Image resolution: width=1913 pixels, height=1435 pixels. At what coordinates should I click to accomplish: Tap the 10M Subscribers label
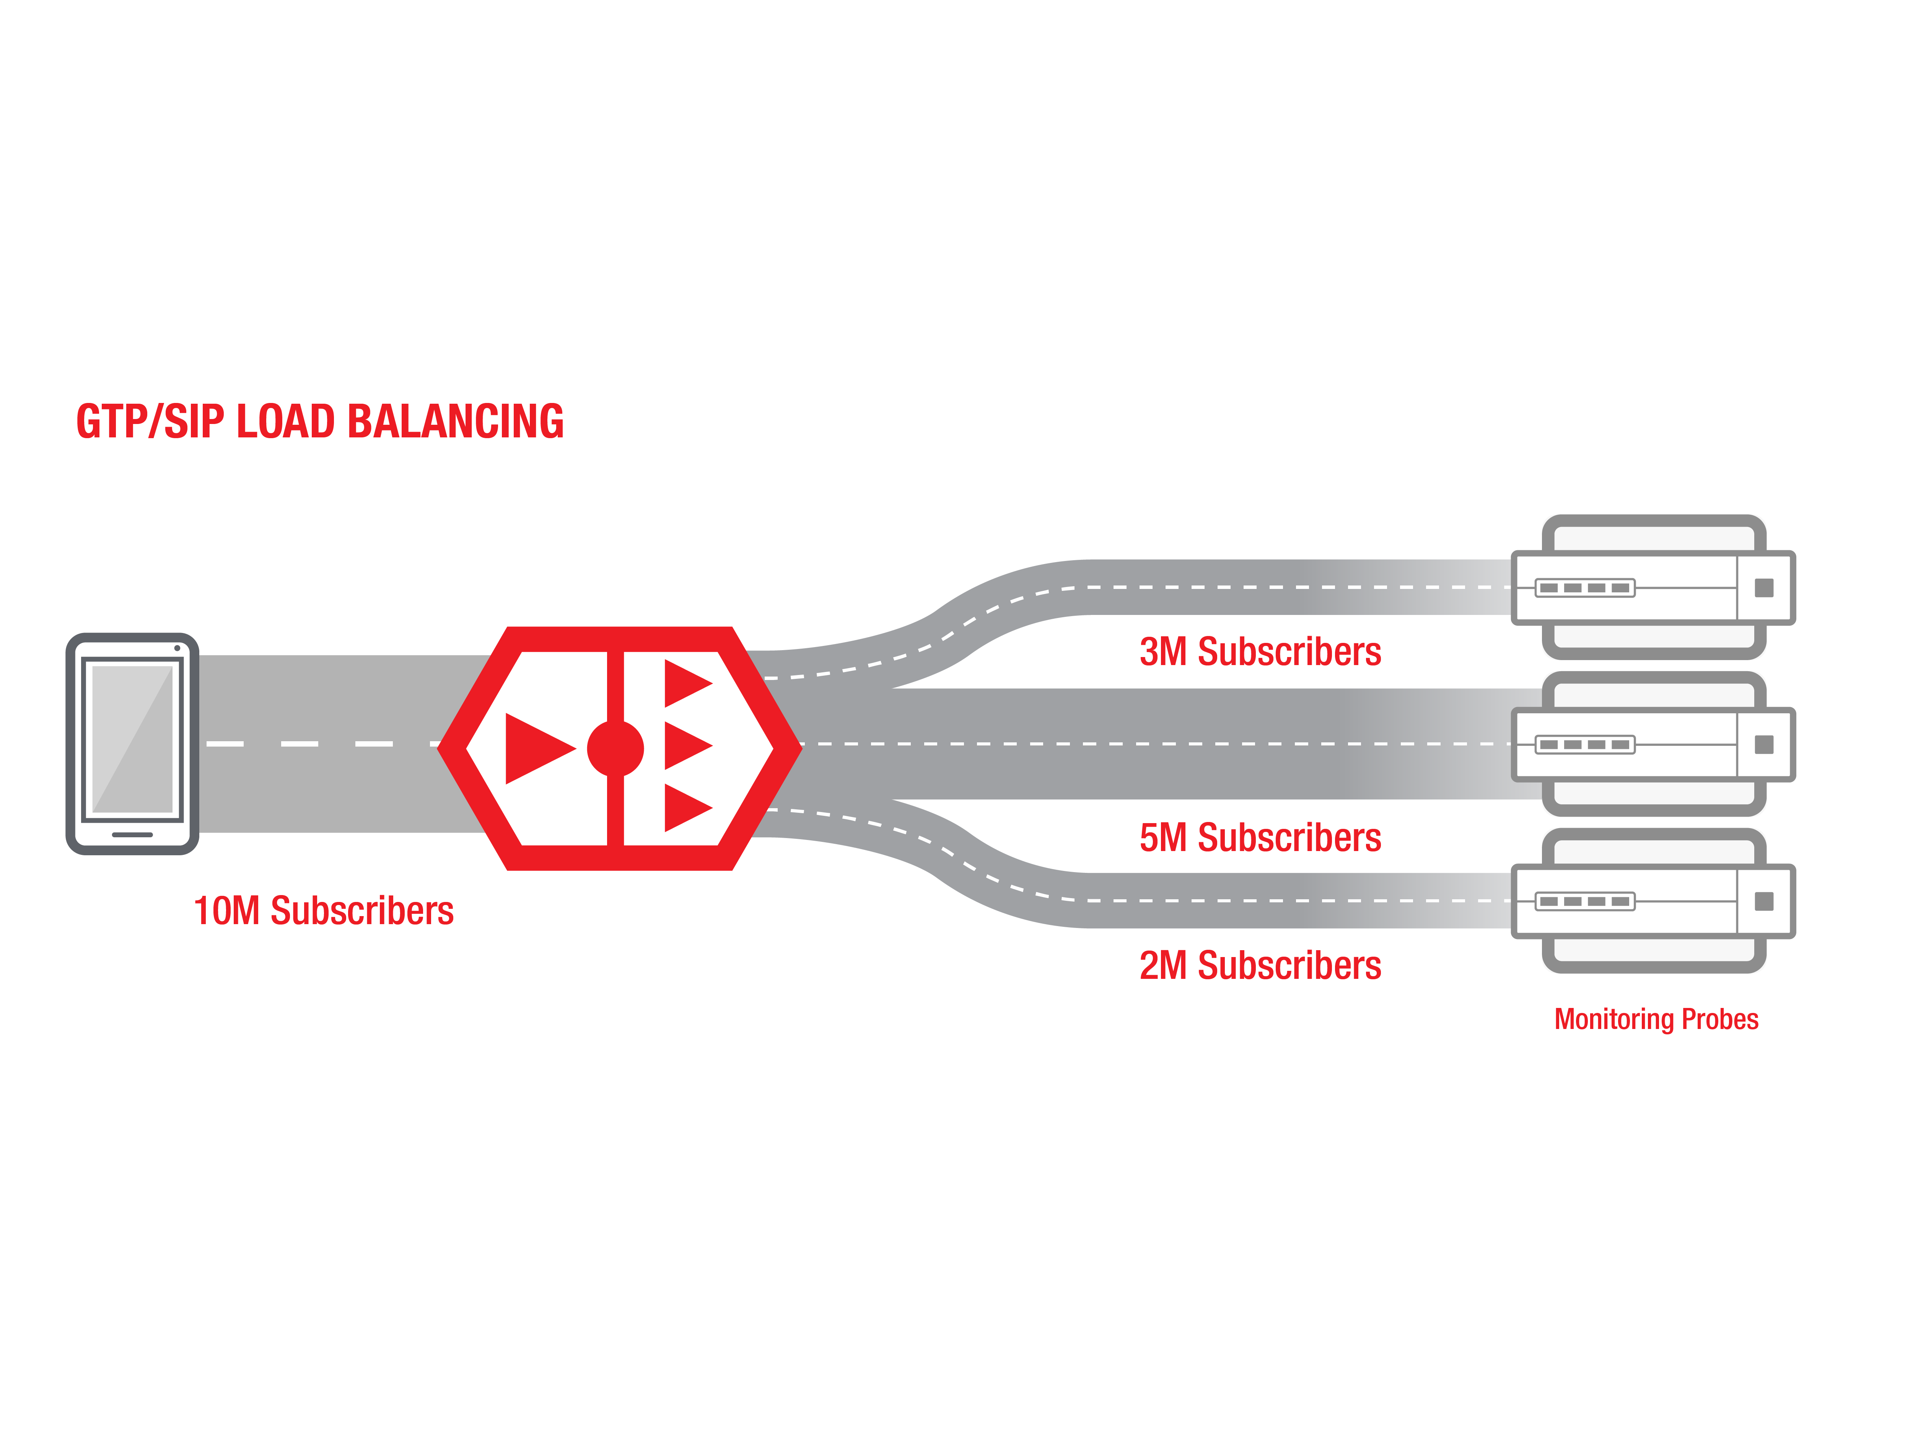(324, 911)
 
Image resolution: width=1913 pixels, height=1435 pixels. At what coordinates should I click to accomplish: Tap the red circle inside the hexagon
(615, 748)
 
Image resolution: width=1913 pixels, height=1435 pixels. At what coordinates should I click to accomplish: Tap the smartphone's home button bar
(132, 835)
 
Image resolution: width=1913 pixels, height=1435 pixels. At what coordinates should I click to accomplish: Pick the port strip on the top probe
(1584, 588)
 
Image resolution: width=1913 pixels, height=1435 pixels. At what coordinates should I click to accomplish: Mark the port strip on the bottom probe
(1584, 901)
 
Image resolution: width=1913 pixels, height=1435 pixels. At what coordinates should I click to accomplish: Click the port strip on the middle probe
(1584, 745)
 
